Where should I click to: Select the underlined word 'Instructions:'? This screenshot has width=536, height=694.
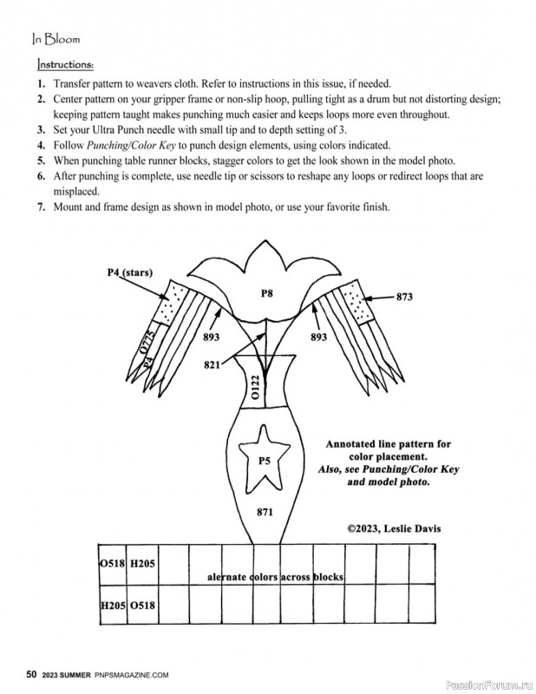click(66, 64)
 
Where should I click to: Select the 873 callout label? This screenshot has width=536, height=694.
click(404, 297)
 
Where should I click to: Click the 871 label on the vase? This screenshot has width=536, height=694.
click(266, 513)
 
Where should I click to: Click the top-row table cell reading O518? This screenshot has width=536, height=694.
click(113, 563)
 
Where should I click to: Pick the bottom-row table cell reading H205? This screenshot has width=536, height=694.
click(113, 605)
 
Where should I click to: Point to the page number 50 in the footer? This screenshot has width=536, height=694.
click(32, 673)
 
